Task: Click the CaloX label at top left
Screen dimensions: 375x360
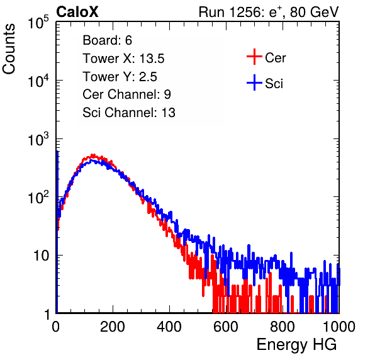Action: [77, 12]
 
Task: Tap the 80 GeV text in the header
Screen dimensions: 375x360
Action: [315, 12]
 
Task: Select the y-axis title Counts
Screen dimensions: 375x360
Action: [9, 49]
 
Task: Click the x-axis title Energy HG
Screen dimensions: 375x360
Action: [296, 345]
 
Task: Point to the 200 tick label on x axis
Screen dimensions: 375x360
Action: [113, 327]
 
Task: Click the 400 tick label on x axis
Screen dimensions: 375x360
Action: [169, 327]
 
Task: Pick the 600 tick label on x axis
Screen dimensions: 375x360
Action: [226, 327]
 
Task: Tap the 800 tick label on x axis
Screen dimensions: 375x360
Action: [283, 327]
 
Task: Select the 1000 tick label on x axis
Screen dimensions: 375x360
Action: [339, 327]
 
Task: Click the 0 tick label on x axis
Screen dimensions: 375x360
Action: [56, 327]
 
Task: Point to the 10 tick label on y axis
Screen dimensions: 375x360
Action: [41, 256]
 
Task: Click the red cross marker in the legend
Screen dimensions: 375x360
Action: [254, 57]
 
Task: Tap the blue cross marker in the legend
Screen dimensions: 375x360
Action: [254, 82]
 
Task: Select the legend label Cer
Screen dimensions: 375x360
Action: [275, 58]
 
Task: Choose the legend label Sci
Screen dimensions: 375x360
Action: [274, 84]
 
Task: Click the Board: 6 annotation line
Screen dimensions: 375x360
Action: [107, 40]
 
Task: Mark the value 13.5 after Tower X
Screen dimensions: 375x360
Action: [152, 59]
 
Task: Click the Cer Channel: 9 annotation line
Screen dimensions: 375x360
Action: [126, 94]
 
